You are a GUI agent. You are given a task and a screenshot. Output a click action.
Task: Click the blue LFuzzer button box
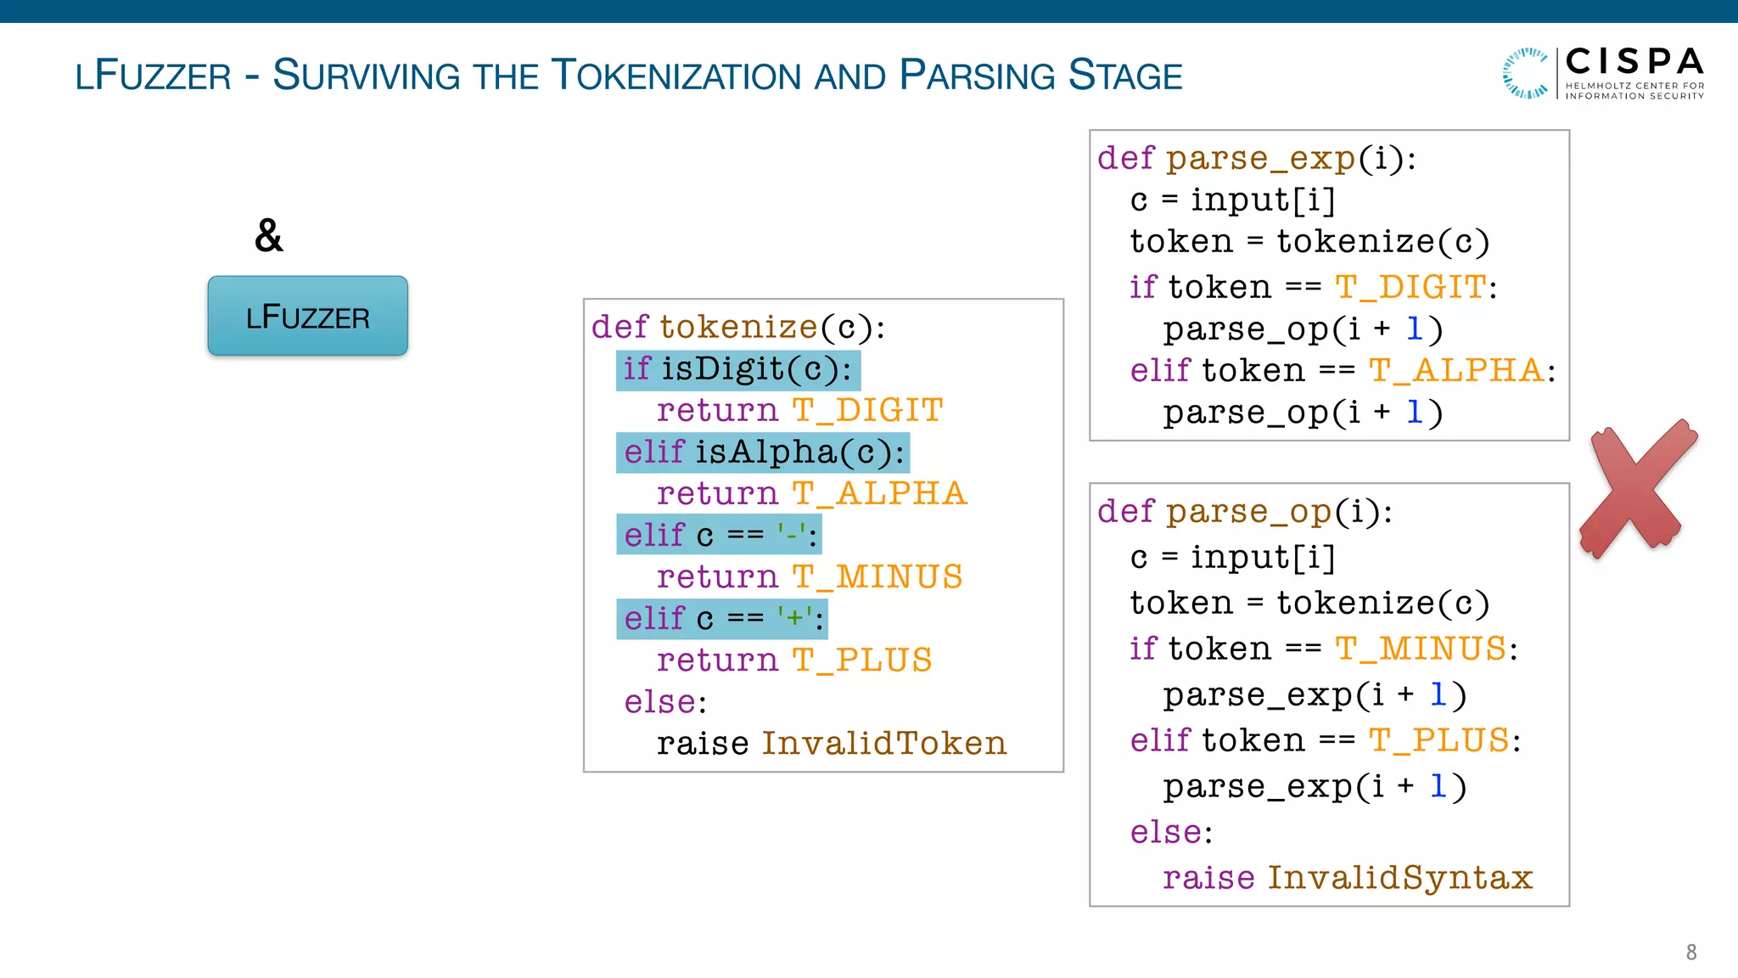307,316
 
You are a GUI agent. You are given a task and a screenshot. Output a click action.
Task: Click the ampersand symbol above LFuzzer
268,235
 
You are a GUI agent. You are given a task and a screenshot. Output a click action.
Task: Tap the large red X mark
1636,489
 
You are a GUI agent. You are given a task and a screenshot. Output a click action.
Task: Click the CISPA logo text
1634,63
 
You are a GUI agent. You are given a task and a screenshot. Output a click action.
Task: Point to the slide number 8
1690,953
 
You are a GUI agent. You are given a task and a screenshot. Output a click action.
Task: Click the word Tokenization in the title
676,76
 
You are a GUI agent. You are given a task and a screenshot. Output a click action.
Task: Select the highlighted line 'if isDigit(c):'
737,370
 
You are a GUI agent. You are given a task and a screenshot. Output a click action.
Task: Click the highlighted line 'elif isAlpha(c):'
762,452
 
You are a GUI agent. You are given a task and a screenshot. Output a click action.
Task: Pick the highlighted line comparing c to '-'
718,535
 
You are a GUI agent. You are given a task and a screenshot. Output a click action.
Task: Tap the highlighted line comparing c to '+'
721,618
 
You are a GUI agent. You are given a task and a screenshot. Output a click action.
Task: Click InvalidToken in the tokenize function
883,744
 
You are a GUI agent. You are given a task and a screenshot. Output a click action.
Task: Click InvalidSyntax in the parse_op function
1399,878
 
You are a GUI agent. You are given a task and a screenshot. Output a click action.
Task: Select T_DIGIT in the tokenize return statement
867,411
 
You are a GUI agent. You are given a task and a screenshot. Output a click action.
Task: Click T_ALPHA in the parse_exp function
1455,371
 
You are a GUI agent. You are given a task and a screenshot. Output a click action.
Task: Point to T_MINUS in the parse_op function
1421,649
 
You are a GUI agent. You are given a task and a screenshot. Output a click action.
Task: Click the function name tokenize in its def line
738,328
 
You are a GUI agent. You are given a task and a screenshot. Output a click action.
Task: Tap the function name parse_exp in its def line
1260,159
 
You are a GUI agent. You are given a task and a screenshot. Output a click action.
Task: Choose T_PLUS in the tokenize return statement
862,660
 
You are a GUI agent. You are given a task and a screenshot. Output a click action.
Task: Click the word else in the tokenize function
660,702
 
